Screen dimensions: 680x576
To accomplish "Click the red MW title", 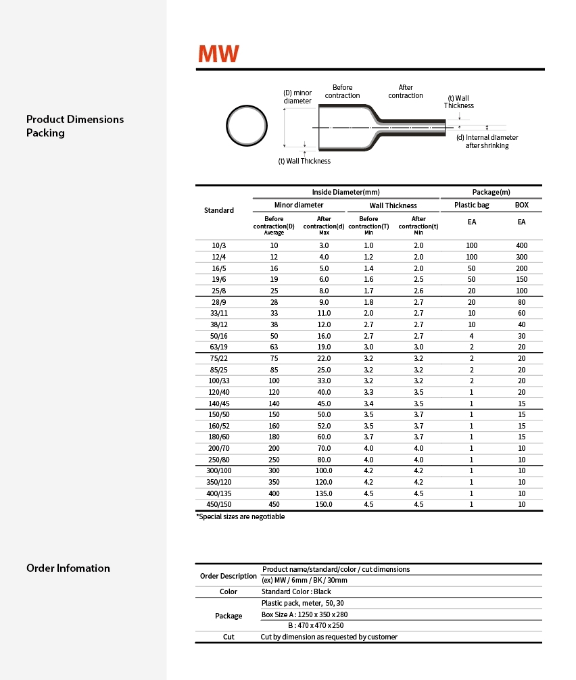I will pyautogui.click(x=218, y=55).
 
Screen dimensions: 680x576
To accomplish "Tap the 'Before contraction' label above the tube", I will pyautogui.click(x=342, y=91).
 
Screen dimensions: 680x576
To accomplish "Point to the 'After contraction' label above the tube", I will pyautogui.click(x=406, y=91).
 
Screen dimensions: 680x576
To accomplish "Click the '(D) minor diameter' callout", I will pyautogui.click(x=297, y=97).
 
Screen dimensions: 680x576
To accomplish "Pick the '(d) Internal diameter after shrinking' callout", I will pyautogui.click(x=487, y=141).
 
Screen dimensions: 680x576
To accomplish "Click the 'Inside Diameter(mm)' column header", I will pyautogui.click(x=345, y=192).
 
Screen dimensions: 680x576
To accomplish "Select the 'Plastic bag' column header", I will pyautogui.click(x=471, y=205).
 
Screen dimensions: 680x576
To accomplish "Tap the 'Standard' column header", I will pyautogui.click(x=219, y=210).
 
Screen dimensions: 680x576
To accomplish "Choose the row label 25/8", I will pyautogui.click(x=219, y=291).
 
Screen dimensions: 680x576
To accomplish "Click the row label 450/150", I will pyautogui.click(x=219, y=504).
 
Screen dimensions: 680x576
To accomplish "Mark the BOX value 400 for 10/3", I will pyautogui.click(x=522, y=245).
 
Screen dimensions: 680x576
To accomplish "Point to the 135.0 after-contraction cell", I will pyautogui.click(x=325, y=493).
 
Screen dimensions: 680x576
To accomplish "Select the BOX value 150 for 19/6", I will pyautogui.click(x=522, y=279).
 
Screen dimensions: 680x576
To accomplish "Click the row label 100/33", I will pyautogui.click(x=219, y=381).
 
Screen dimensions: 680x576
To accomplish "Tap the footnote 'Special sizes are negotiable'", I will pyautogui.click(x=241, y=517).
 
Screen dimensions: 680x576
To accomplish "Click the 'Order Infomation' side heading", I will pyautogui.click(x=68, y=568).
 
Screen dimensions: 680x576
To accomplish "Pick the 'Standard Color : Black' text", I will pyautogui.click(x=296, y=591).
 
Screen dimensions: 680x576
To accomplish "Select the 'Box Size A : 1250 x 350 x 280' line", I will pyautogui.click(x=304, y=614).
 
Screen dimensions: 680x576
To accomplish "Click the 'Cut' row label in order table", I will pyautogui.click(x=229, y=637).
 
